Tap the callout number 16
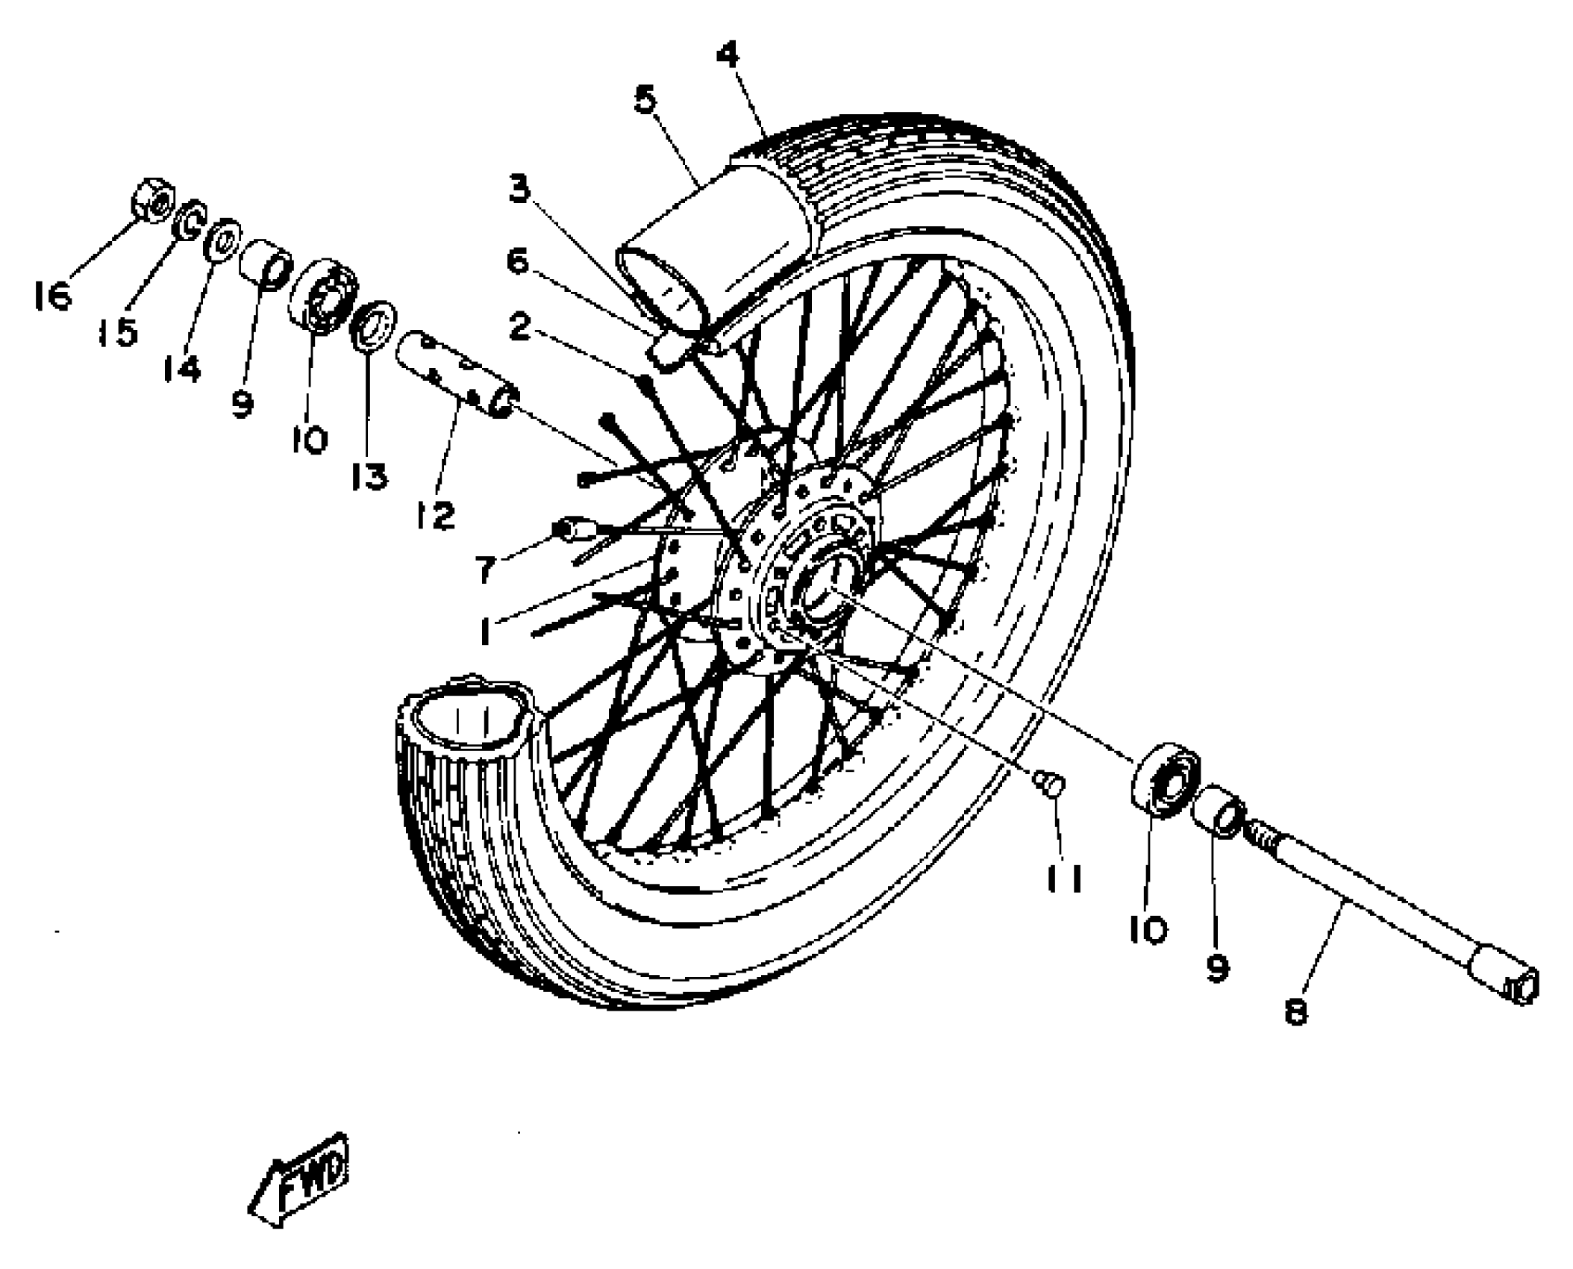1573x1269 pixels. tap(53, 296)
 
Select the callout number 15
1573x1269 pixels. tap(119, 331)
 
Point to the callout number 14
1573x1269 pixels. tap(182, 368)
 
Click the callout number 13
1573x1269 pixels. tap(370, 476)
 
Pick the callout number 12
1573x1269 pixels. tap(435, 514)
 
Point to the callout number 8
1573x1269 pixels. tap(1296, 1012)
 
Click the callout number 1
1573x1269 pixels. tap(486, 632)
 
